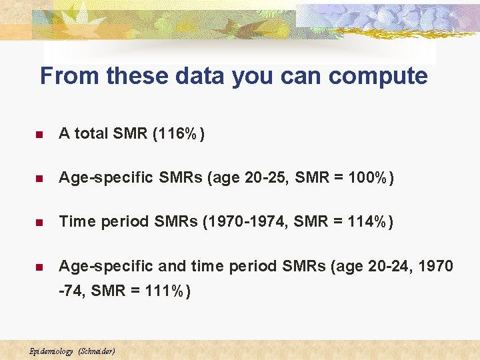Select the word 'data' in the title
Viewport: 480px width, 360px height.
click(x=201, y=76)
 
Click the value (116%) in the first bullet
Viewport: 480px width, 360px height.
click(x=179, y=134)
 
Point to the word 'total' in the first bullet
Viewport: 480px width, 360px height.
click(x=91, y=134)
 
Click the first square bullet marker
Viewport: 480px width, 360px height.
click(x=39, y=135)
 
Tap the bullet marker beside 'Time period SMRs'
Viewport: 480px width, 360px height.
click(x=39, y=223)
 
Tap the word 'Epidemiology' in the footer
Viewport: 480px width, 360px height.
click(x=51, y=351)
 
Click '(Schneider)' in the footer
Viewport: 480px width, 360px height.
click(x=97, y=351)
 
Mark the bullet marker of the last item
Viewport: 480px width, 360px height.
click(x=39, y=267)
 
